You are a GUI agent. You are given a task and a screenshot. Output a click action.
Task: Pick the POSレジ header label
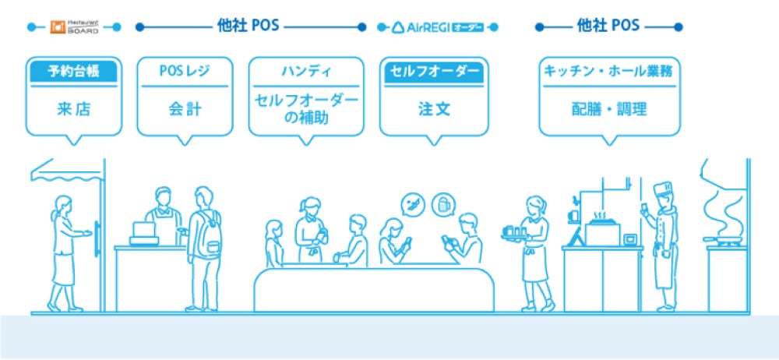click(185, 72)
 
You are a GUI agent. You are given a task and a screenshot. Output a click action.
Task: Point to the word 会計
click(185, 109)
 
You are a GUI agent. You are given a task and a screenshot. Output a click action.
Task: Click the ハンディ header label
click(306, 72)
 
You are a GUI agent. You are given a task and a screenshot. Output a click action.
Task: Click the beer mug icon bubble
click(443, 205)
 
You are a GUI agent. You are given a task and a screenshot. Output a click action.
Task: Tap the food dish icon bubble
click(412, 206)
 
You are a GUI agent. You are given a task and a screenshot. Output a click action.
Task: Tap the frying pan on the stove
click(722, 241)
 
